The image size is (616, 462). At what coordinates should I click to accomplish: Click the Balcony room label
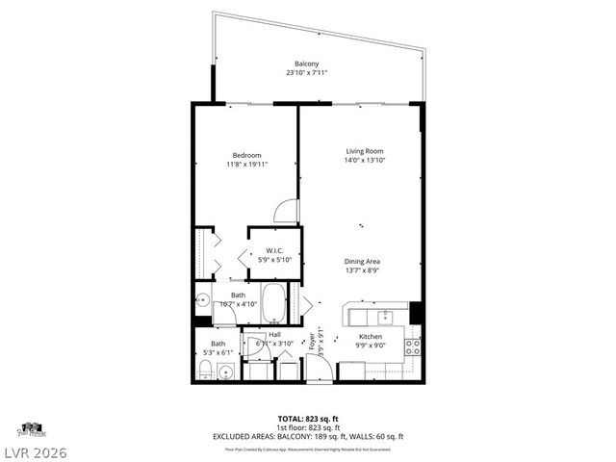pyautogui.click(x=307, y=64)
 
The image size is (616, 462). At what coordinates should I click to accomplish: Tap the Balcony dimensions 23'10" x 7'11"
pyautogui.click(x=307, y=72)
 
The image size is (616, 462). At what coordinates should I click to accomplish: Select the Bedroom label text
pyautogui.click(x=246, y=155)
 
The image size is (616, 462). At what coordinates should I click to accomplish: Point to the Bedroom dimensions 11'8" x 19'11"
pyautogui.click(x=246, y=164)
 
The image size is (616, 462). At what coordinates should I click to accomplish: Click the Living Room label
pyautogui.click(x=366, y=151)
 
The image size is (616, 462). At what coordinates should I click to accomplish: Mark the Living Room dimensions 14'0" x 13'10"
pyautogui.click(x=366, y=160)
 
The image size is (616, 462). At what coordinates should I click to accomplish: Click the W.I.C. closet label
pyautogui.click(x=273, y=250)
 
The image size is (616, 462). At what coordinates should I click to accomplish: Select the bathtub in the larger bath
pyautogui.click(x=275, y=302)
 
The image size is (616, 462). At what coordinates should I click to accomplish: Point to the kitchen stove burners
pyautogui.click(x=413, y=346)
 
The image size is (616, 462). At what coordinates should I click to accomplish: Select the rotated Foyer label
pyautogui.click(x=311, y=343)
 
